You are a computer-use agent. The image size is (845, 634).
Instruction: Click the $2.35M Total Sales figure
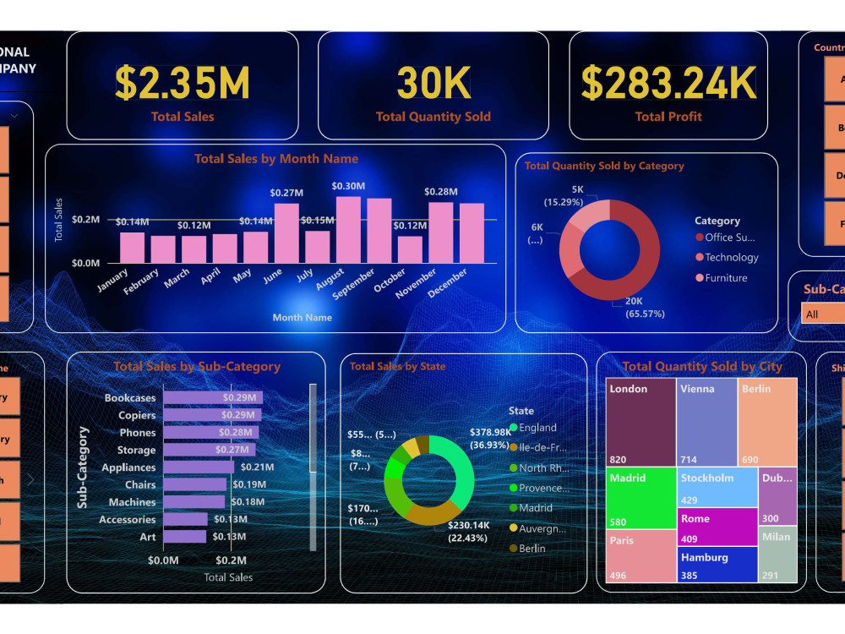[x=183, y=84]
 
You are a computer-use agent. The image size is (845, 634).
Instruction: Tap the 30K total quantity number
[x=433, y=84]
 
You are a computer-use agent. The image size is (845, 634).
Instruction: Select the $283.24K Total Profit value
[x=668, y=84]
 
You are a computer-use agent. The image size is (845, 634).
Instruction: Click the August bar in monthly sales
[x=348, y=229]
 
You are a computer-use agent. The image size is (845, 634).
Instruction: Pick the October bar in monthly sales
[x=410, y=249]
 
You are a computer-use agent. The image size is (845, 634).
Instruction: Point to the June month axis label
[x=272, y=277]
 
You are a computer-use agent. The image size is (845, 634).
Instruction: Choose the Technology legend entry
[x=732, y=258]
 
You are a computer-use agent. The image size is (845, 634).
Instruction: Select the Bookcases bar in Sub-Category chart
[x=213, y=397]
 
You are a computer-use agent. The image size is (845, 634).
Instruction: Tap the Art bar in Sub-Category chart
[x=184, y=537]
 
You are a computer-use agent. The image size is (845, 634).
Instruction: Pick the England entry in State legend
[x=537, y=428]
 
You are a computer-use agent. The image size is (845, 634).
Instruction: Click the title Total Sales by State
[x=397, y=367]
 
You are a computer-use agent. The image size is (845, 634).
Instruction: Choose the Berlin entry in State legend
[x=532, y=549]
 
